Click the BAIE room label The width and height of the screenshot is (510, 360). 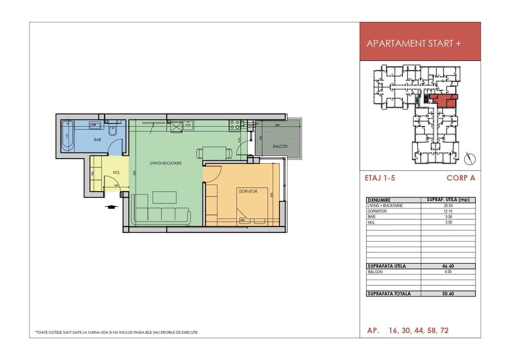click(x=97, y=139)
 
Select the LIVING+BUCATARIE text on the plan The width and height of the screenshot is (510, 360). click(x=166, y=163)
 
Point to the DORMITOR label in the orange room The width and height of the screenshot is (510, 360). click(x=247, y=191)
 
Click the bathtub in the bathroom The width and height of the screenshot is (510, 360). click(x=67, y=135)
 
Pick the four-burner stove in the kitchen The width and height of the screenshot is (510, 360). click(x=236, y=124)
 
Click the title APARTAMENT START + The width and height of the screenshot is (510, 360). click(x=413, y=44)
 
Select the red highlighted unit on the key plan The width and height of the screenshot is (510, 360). click(x=444, y=99)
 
